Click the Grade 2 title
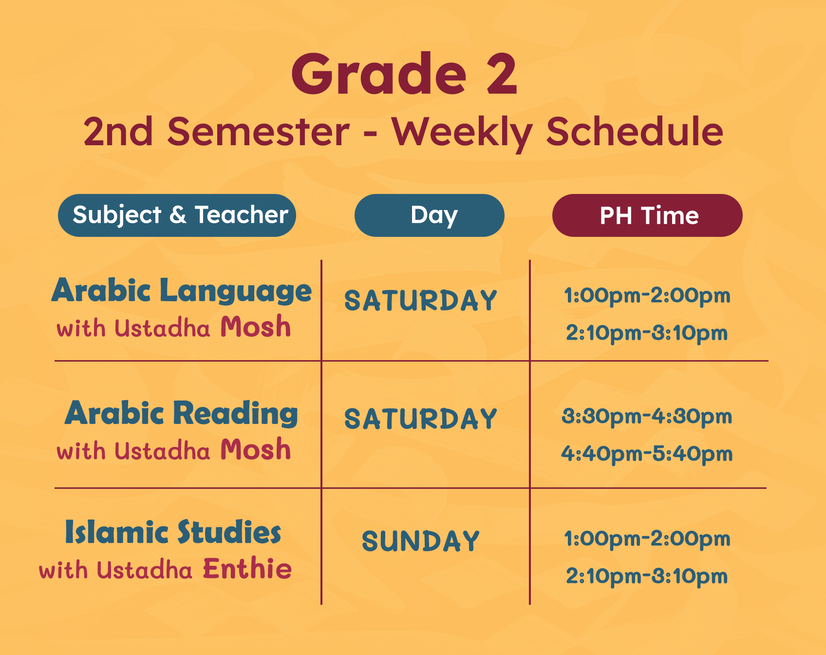(404, 74)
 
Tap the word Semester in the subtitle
(258, 132)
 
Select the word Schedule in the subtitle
(635, 132)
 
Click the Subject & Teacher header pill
(177, 215)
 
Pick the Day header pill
(429, 215)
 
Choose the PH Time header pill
(647, 215)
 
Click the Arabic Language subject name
(181, 291)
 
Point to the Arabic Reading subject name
(181, 414)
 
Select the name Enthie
(247, 568)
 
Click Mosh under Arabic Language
(256, 327)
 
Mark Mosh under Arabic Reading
(256, 449)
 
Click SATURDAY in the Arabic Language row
(421, 300)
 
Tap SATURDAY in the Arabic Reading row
(421, 419)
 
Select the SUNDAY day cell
(421, 541)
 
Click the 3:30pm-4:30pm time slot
(647, 417)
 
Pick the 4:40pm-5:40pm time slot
(647, 454)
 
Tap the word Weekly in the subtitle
(462, 133)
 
